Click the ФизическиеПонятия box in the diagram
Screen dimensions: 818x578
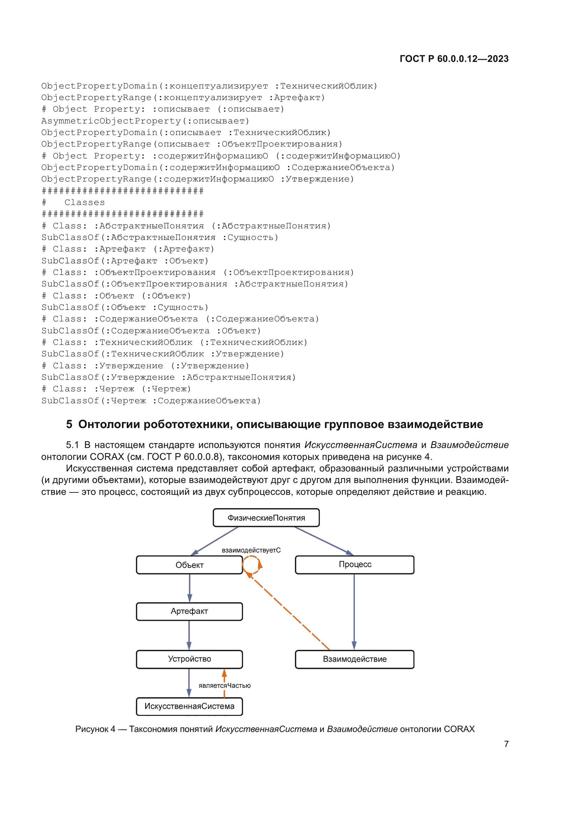coord(266,518)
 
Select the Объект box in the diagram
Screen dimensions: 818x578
coord(189,565)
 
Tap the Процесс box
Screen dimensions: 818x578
coord(354,564)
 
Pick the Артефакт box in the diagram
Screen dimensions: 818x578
coord(189,611)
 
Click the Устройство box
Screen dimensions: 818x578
coord(189,659)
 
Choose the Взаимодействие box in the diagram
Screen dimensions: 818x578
coord(354,659)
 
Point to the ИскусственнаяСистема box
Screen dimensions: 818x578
coord(189,706)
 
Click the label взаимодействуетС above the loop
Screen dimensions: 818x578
coord(251,550)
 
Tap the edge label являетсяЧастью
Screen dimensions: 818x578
coord(225,685)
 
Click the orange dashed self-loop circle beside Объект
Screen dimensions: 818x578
coord(252,564)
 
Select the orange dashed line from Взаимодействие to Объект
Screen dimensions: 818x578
coord(290,612)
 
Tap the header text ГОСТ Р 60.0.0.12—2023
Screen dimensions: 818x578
coord(454,59)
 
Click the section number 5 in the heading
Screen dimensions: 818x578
coord(69,424)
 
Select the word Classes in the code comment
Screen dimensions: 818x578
coord(85,202)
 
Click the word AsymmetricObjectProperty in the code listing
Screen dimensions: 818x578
coord(111,121)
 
